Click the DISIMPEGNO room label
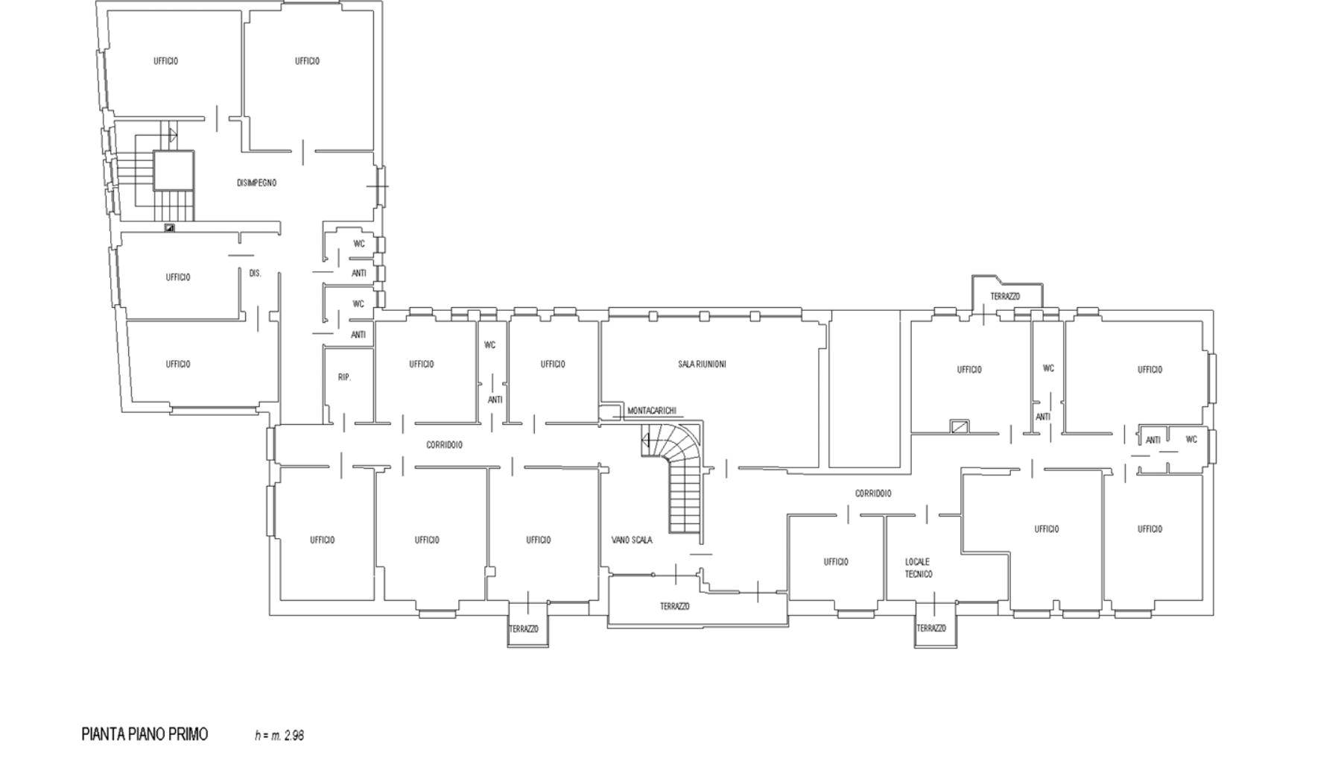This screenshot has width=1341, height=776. tap(257, 183)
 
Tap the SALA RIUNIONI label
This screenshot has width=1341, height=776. tap(702, 365)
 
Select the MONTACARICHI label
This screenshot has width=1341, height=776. tap(652, 411)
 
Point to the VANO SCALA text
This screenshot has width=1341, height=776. tap(632, 540)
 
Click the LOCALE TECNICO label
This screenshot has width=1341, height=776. tap(919, 568)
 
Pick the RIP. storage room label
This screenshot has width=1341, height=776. tap(344, 377)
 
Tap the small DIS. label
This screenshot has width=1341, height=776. tap(255, 274)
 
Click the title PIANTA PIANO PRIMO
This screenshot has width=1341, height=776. tap(145, 734)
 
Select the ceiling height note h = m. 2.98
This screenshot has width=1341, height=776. tap(279, 736)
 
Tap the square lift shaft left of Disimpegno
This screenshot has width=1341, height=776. tap(174, 170)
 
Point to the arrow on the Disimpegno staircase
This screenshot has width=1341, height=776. tap(172, 135)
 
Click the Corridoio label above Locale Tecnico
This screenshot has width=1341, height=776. tap(873, 493)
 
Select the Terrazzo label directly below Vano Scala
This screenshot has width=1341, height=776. tap(674, 607)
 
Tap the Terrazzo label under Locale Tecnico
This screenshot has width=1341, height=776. tap(931, 628)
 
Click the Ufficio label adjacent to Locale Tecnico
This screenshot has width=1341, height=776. tap(836, 562)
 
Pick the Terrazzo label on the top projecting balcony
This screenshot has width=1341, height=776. tap(1005, 297)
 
